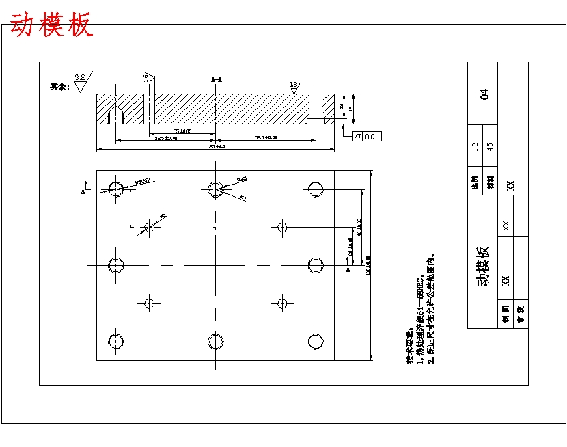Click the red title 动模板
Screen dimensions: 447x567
(51, 25)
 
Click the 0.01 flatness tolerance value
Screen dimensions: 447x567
(371, 137)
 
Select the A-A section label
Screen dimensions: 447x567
(217, 80)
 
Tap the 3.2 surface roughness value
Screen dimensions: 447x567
(80, 77)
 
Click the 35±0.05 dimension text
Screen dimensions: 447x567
(182, 131)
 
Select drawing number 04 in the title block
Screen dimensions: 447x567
(485, 94)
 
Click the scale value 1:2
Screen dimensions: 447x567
(475, 147)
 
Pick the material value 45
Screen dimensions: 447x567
(489, 146)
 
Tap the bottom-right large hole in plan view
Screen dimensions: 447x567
(315, 340)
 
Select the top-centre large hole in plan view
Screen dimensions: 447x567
(216, 188)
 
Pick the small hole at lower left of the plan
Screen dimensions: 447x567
(150, 302)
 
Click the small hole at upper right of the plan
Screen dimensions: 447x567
(282, 226)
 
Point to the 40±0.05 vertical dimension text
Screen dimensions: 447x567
(359, 227)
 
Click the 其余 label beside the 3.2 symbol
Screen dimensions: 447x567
(59, 87)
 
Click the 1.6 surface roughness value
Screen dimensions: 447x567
(146, 77)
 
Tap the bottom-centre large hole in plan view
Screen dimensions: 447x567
(216, 340)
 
